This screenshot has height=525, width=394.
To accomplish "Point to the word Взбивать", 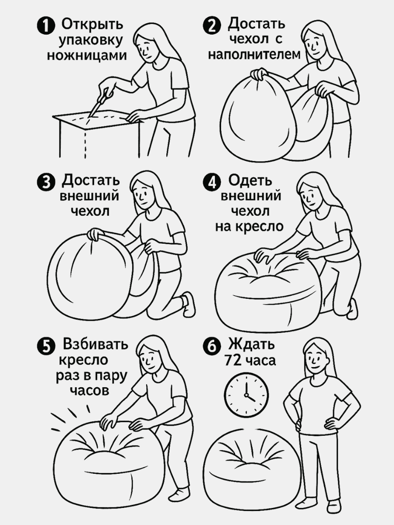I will coord(95,344).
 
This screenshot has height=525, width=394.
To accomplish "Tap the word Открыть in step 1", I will coord(92,24).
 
